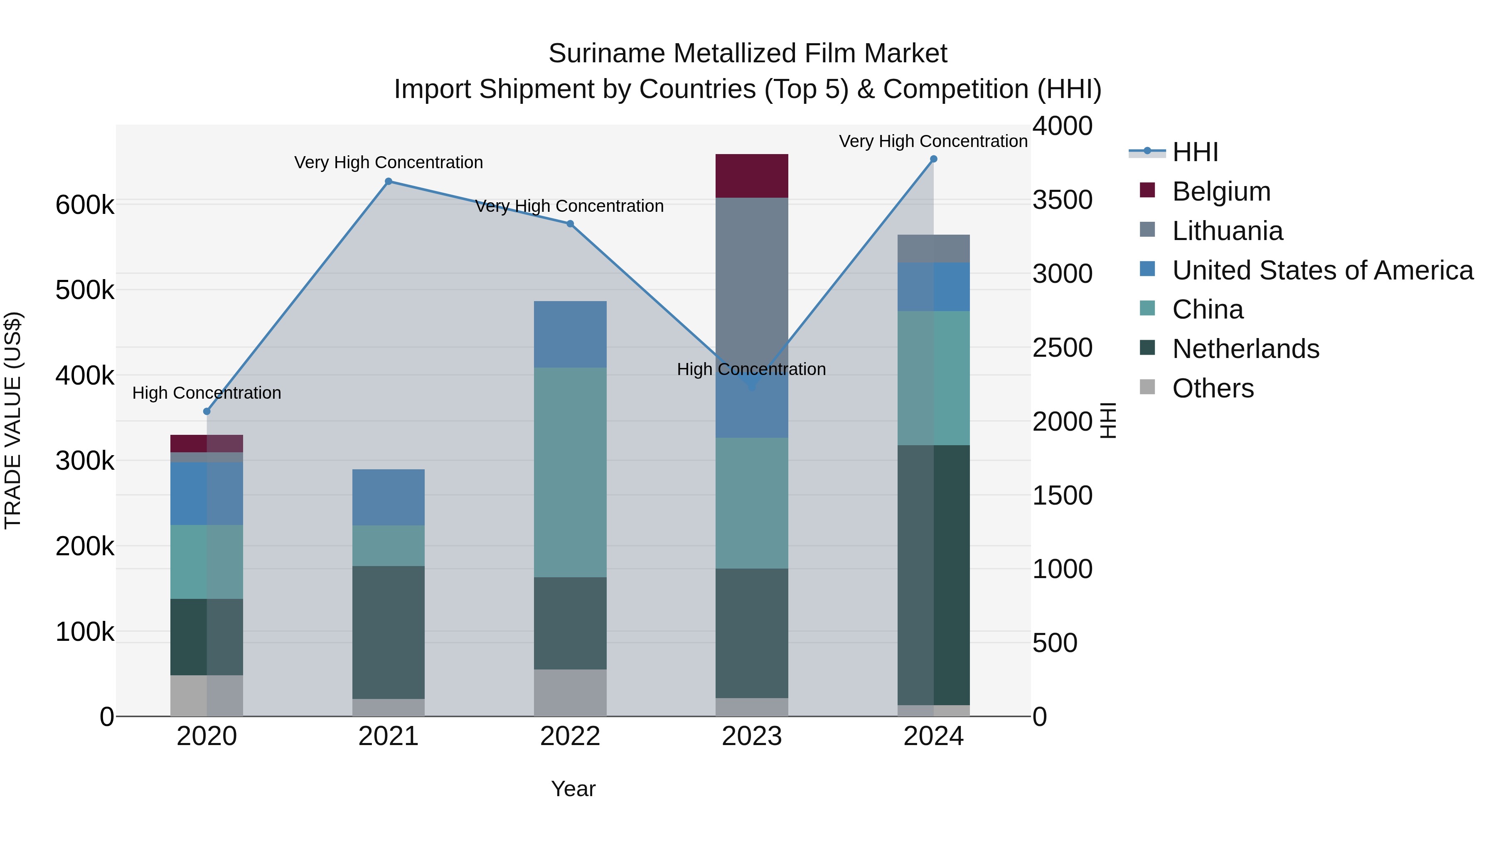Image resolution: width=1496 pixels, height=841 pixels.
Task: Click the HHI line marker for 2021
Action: pyautogui.click(x=389, y=181)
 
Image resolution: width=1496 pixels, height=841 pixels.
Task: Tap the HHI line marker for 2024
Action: pyautogui.click(x=933, y=159)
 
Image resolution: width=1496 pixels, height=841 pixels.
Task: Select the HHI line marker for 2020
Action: pyautogui.click(x=207, y=412)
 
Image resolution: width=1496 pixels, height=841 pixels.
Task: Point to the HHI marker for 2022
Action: pyautogui.click(x=570, y=224)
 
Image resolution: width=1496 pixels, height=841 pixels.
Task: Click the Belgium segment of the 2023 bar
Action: pyautogui.click(x=751, y=176)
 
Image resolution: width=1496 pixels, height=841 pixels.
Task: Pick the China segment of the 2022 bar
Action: pyautogui.click(x=570, y=472)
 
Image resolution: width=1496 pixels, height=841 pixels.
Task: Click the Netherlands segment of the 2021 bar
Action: pyautogui.click(x=389, y=632)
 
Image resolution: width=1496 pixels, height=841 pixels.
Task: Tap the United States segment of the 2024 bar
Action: pyautogui.click(x=933, y=287)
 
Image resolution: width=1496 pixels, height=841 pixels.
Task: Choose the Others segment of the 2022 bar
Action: pyautogui.click(x=570, y=692)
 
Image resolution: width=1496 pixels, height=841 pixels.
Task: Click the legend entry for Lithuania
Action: pyautogui.click(x=1227, y=231)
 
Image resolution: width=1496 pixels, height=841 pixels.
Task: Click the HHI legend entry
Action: pyautogui.click(x=1195, y=152)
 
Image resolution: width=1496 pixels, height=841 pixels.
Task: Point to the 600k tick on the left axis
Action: pyautogui.click(x=85, y=205)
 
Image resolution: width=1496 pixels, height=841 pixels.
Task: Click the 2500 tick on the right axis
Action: pyautogui.click(x=1062, y=348)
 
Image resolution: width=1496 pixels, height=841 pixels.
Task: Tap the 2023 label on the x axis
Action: pyautogui.click(x=751, y=736)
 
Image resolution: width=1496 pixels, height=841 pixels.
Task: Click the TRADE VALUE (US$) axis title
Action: pyautogui.click(x=13, y=420)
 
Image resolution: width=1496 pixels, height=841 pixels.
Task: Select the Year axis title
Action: pyautogui.click(x=573, y=789)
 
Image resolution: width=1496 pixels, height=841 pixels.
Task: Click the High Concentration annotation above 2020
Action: pyautogui.click(x=207, y=393)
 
